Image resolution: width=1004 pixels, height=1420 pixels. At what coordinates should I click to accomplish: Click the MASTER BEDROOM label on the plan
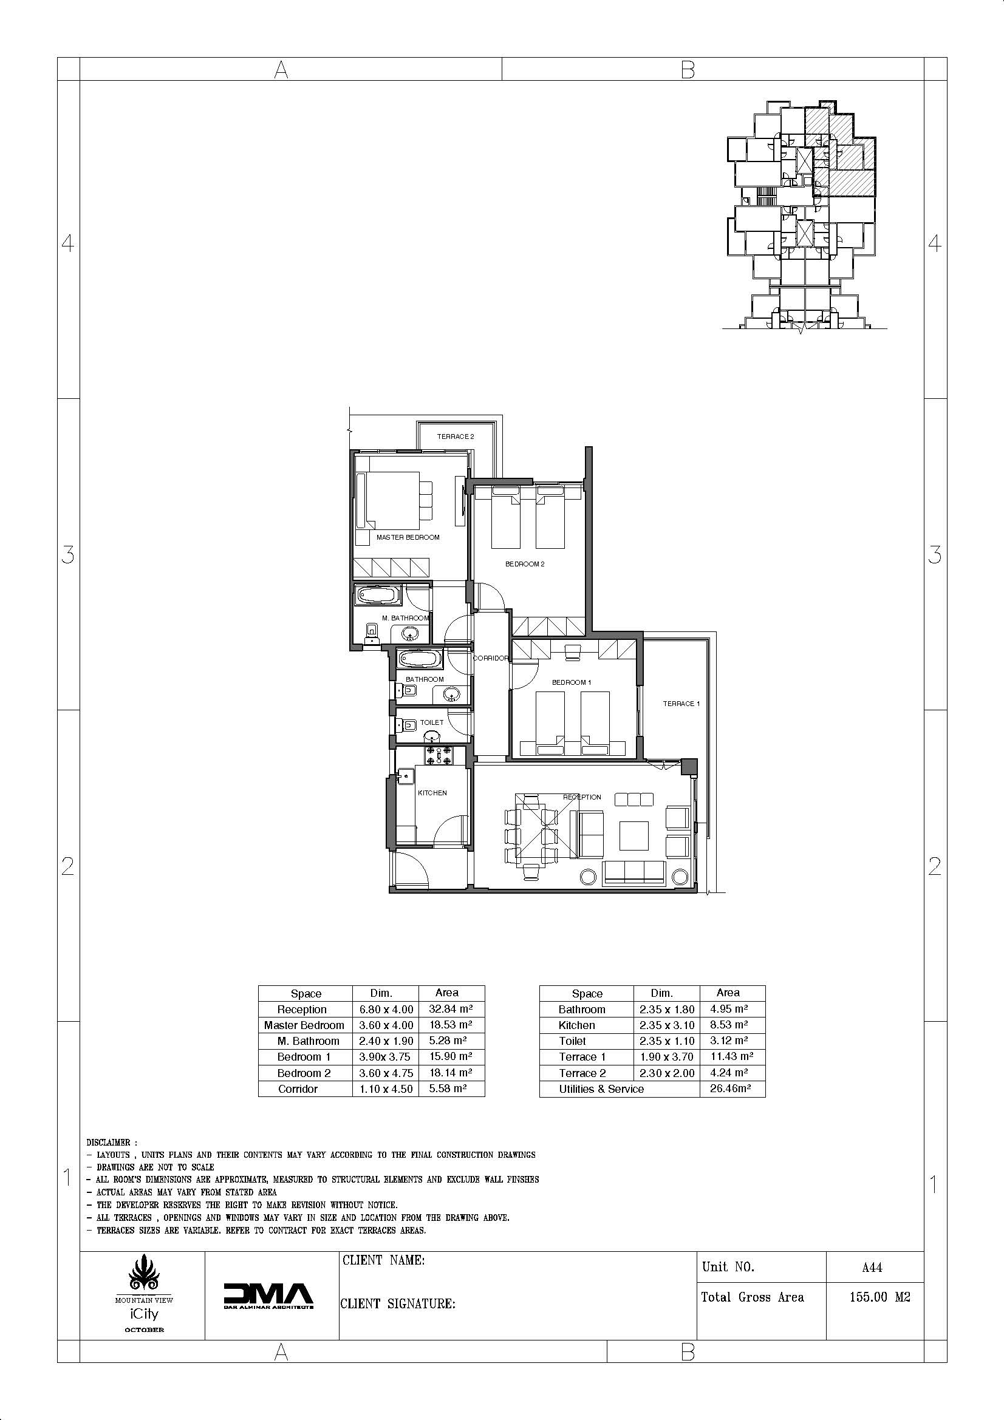coord(408,537)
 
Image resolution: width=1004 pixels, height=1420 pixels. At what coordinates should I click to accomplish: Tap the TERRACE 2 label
coord(456,437)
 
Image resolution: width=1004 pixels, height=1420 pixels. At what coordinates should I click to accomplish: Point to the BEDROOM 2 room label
coord(525,564)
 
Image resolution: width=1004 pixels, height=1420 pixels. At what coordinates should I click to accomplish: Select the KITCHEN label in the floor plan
coord(432,793)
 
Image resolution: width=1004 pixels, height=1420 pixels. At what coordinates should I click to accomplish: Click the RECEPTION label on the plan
coord(582,797)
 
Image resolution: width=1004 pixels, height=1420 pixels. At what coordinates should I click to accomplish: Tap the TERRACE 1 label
coord(681,704)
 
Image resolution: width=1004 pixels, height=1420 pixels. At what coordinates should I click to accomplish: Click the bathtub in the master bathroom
coord(377,596)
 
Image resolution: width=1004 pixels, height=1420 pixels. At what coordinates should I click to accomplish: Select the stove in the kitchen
coord(439,755)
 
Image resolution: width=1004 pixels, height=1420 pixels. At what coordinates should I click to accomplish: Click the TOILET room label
coord(432,722)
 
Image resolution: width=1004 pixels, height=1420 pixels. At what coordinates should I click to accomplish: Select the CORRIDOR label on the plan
coord(491,658)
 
